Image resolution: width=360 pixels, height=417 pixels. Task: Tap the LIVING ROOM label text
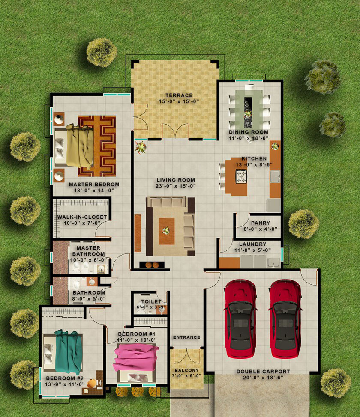176,180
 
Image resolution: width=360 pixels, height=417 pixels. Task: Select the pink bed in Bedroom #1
136,360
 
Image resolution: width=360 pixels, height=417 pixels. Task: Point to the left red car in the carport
241,319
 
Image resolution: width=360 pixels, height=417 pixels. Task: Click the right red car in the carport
285,319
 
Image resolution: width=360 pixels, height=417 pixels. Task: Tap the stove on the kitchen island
241,176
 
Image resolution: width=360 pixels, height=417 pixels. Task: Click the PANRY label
261,223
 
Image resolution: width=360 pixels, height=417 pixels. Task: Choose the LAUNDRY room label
253,244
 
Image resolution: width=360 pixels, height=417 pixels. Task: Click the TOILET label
151,301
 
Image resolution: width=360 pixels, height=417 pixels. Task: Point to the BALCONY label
187,370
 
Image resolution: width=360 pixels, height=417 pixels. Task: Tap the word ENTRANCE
187,337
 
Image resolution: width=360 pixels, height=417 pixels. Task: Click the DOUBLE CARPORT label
263,372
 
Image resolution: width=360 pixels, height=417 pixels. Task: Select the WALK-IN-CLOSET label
82,217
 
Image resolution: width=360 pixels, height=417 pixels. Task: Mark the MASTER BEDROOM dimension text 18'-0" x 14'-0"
94,191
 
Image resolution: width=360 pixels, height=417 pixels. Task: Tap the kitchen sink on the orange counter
275,176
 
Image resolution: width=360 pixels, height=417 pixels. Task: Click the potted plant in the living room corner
141,147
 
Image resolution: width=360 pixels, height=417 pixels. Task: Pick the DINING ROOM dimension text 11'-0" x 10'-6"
249,138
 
